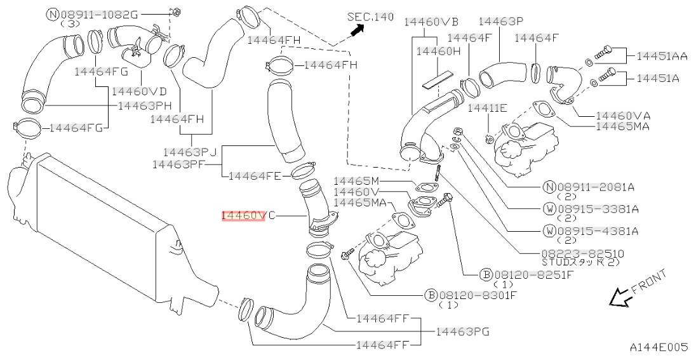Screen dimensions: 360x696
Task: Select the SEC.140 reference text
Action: (370, 16)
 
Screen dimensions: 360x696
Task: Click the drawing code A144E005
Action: (659, 347)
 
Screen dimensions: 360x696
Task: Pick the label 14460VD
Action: (139, 91)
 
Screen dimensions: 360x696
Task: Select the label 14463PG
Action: (462, 331)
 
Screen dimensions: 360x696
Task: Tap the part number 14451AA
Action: (662, 56)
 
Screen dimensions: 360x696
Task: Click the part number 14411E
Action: (487, 108)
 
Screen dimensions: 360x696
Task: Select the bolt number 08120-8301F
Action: (472, 295)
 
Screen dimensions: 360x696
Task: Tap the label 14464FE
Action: (254, 175)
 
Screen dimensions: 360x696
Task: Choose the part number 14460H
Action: (438, 51)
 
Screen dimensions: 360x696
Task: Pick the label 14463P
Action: (500, 22)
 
